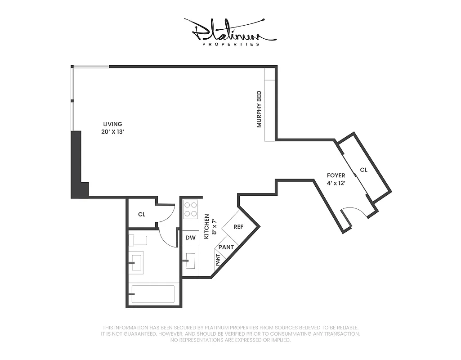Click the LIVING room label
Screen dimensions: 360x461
[x=112, y=124]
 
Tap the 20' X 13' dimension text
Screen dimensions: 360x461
[x=112, y=132]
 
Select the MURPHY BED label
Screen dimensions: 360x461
[x=259, y=109]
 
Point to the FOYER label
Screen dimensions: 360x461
[x=336, y=175]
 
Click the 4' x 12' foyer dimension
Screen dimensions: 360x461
[x=336, y=183]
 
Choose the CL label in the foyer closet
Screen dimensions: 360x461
[x=364, y=170]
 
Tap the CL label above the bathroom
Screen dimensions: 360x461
[x=142, y=215]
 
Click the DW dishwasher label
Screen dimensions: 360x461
[x=190, y=238]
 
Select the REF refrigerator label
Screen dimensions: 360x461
[x=238, y=227]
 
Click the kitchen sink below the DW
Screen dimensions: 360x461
[x=190, y=260]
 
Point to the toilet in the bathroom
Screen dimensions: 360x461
[x=137, y=240]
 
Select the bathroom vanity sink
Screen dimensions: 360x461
[x=136, y=262]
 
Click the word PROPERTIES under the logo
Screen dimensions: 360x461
[x=231, y=44]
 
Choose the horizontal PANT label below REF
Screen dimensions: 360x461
[x=226, y=247]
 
